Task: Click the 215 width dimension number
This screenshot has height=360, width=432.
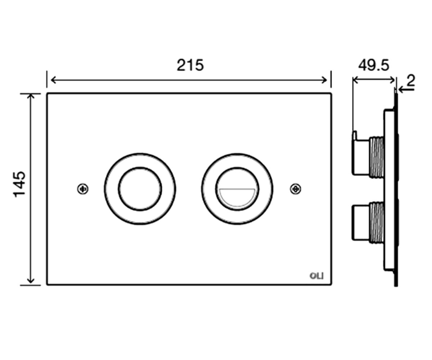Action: point(190,65)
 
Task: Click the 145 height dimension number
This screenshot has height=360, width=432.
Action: point(19,184)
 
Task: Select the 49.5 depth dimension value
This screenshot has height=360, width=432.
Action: point(374,66)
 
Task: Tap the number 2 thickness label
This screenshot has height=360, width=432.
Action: point(411,81)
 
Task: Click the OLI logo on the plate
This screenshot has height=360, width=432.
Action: point(316,276)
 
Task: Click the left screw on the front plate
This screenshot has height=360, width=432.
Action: point(83,189)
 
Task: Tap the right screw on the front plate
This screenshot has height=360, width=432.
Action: point(296,189)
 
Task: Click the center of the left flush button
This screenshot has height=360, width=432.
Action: point(140,189)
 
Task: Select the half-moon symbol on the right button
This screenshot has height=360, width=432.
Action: point(237,197)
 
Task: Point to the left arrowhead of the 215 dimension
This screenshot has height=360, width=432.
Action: point(53,80)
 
